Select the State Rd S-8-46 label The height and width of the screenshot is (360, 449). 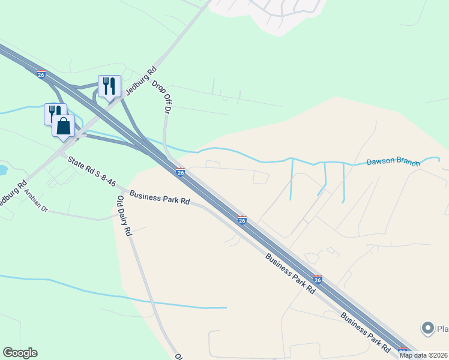91,171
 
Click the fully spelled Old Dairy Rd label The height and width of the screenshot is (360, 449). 124,216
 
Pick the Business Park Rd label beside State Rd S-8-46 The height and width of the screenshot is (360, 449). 159,199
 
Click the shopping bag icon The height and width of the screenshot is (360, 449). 63,127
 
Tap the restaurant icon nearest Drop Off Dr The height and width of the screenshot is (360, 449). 109,86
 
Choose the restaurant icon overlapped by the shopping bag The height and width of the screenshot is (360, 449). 54,113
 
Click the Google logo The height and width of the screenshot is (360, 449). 20,353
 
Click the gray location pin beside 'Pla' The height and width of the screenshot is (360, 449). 427,328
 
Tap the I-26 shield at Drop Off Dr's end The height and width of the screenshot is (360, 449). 180,172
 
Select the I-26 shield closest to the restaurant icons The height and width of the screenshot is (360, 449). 41,74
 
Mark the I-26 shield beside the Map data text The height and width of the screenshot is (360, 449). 402,351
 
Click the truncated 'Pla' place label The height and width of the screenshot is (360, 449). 442,329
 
